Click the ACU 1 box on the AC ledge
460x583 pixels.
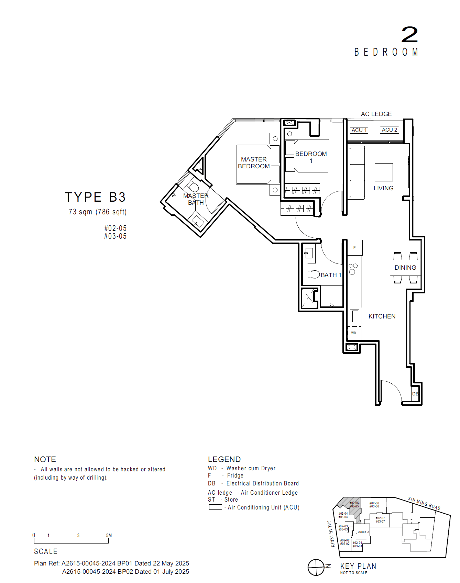coord(359,130)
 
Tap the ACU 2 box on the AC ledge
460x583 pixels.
coord(390,130)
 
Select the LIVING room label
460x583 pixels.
coord(383,188)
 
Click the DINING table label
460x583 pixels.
coord(405,268)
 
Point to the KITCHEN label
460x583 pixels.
coord(382,316)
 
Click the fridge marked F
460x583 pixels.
coord(354,247)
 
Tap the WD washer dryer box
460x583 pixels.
coord(354,333)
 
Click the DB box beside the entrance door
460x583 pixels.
coord(415,394)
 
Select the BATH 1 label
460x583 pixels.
coord(331,275)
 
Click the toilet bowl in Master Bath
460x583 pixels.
coord(194,187)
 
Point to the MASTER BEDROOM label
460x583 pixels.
coord(254,163)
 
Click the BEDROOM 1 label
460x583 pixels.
coord(311,157)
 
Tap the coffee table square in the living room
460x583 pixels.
coord(384,172)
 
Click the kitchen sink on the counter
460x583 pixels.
coord(354,316)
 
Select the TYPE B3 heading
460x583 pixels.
coord(95,197)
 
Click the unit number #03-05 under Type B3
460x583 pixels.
coord(115,236)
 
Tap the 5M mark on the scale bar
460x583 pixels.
coord(109,536)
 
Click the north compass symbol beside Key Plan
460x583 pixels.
coord(316,567)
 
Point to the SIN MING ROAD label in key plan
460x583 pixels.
coord(424,503)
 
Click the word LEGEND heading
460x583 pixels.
coord(224,459)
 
